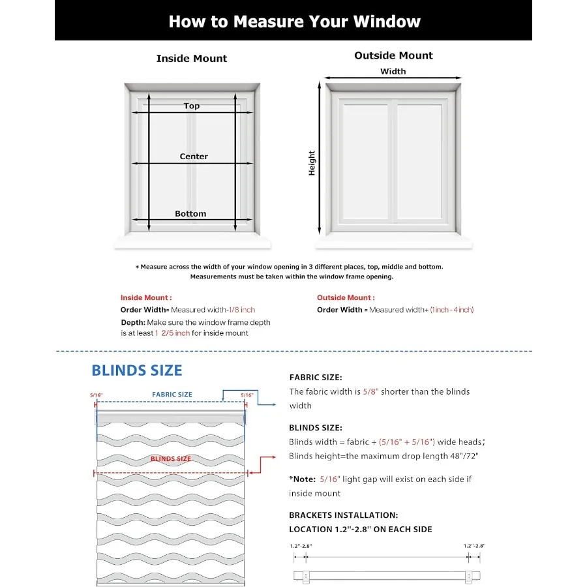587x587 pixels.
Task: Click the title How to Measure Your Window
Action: [294, 22]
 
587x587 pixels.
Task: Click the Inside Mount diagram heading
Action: [192, 59]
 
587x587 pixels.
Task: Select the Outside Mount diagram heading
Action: [393, 55]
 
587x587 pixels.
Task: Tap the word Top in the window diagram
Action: [192, 106]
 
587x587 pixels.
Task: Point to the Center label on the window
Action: [194, 157]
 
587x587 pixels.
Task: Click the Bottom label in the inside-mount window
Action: [190, 213]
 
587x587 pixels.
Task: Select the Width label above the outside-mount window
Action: [393, 72]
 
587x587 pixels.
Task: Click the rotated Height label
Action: [312, 163]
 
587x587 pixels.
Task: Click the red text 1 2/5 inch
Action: [173, 333]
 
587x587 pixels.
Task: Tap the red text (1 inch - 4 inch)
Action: [451, 310]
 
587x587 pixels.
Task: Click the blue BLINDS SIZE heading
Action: [137, 370]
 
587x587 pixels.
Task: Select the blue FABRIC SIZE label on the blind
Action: [172, 395]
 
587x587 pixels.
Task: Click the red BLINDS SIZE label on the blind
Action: [171, 459]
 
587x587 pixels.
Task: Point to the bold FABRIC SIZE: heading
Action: [316, 377]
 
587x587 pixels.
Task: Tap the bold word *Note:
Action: [303, 479]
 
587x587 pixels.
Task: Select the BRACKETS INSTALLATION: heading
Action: [344, 515]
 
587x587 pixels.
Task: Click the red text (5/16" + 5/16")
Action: [398, 442]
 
